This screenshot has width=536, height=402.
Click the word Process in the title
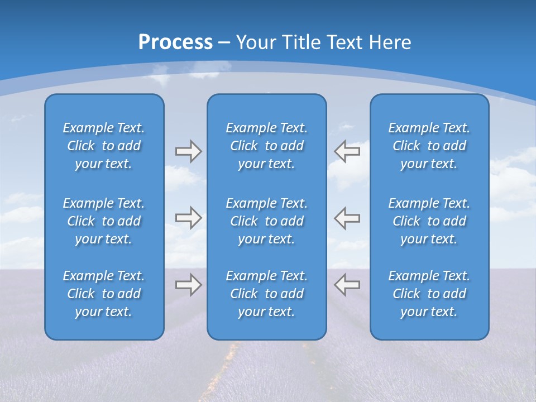pyautogui.click(x=175, y=42)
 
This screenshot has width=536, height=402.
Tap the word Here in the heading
pyautogui.click(x=390, y=42)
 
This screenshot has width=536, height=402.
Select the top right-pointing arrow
pyautogui.click(x=188, y=151)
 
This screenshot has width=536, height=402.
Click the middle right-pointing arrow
pyautogui.click(x=188, y=218)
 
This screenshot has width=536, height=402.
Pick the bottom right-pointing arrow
pyautogui.click(x=188, y=285)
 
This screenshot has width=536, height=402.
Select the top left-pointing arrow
pyautogui.click(x=347, y=151)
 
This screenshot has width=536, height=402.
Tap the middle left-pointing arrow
pyautogui.click(x=347, y=218)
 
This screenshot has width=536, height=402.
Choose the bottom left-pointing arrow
pyautogui.click(x=347, y=285)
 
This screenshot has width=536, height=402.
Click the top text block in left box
pyautogui.click(x=104, y=146)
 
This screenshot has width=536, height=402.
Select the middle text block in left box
pyautogui.click(x=104, y=221)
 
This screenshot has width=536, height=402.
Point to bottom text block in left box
pyautogui.click(x=104, y=294)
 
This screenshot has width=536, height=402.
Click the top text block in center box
pyautogui.click(x=266, y=146)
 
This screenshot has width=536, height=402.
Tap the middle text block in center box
pyautogui.click(x=266, y=221)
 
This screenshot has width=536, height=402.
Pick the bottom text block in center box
pyautogui.click(x=266, y=294)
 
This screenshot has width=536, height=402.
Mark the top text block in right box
pyautogui.click(x=429, y=146)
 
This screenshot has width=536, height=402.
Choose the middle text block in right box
pyautogui.click(x=429, y=221)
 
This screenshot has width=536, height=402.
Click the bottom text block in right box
pyautogui.click(x=429, y=294)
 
